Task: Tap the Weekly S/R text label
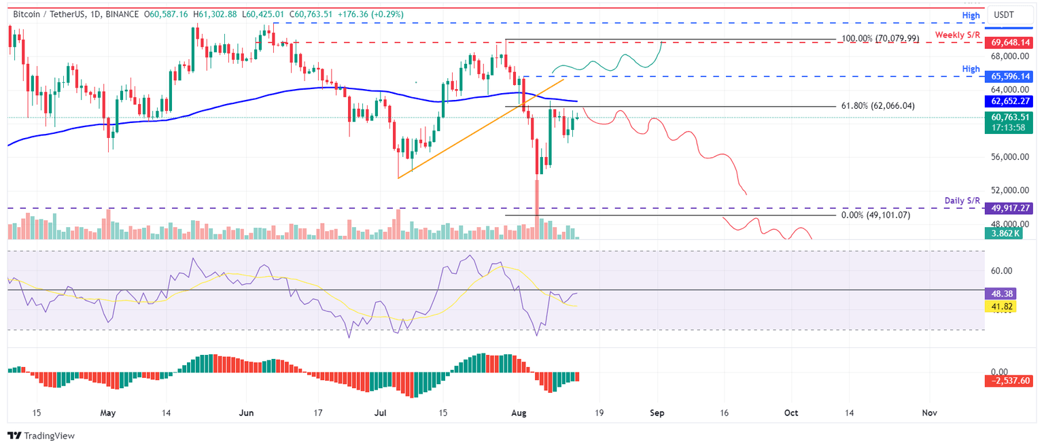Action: (957, 35)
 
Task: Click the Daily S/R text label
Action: (962, 201)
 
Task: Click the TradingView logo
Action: (41, 436)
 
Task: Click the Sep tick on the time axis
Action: (657, 413)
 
